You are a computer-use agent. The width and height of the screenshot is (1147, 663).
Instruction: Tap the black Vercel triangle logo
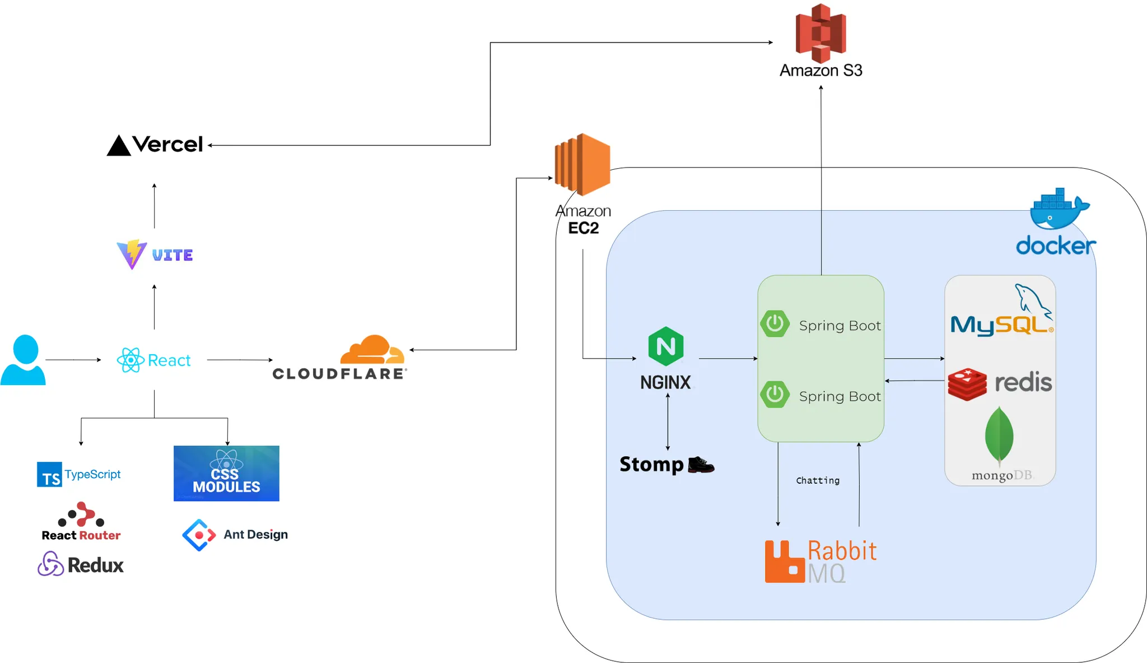pyautogui.click(x=119, y=146)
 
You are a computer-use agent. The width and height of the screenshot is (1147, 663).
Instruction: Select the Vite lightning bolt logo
pyautogui.click(x=132, y=254)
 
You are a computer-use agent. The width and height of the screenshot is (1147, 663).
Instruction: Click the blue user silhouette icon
pyautogui.click(x=23, y=360)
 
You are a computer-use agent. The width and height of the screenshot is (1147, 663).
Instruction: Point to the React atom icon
pyautogui.click(x=130, y=360)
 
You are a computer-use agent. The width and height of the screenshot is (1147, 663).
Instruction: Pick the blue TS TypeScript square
pyautogui.click(x=49, y=475)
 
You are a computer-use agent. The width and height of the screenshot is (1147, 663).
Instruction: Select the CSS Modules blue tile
pyautogui.click(x=226, y=473)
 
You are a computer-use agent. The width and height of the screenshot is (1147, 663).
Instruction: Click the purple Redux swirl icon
pyautogui.click(x=50, y=564)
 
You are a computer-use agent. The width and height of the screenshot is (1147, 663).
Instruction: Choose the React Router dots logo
pyautogui.click(x=82, y=514)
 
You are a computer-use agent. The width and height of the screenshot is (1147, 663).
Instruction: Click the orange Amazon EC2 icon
pyautogui.click(x=582, y=164)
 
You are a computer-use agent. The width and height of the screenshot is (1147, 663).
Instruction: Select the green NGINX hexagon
pyautogui.click(x=665, y=346)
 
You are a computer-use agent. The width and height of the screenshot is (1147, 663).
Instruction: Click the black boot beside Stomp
pyautogui.click(x=701, y=465)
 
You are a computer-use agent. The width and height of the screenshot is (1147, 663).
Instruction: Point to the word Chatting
pyautogui.click(x=818, y=480)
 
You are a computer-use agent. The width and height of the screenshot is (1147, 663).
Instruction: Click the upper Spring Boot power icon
pyautogui.click(x=775, y=323)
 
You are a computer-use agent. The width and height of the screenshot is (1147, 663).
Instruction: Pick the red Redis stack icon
pyautogui.click(x=967, y=384)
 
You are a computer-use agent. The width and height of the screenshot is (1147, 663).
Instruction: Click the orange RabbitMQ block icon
pyautogui.click(x=785, y=562)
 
